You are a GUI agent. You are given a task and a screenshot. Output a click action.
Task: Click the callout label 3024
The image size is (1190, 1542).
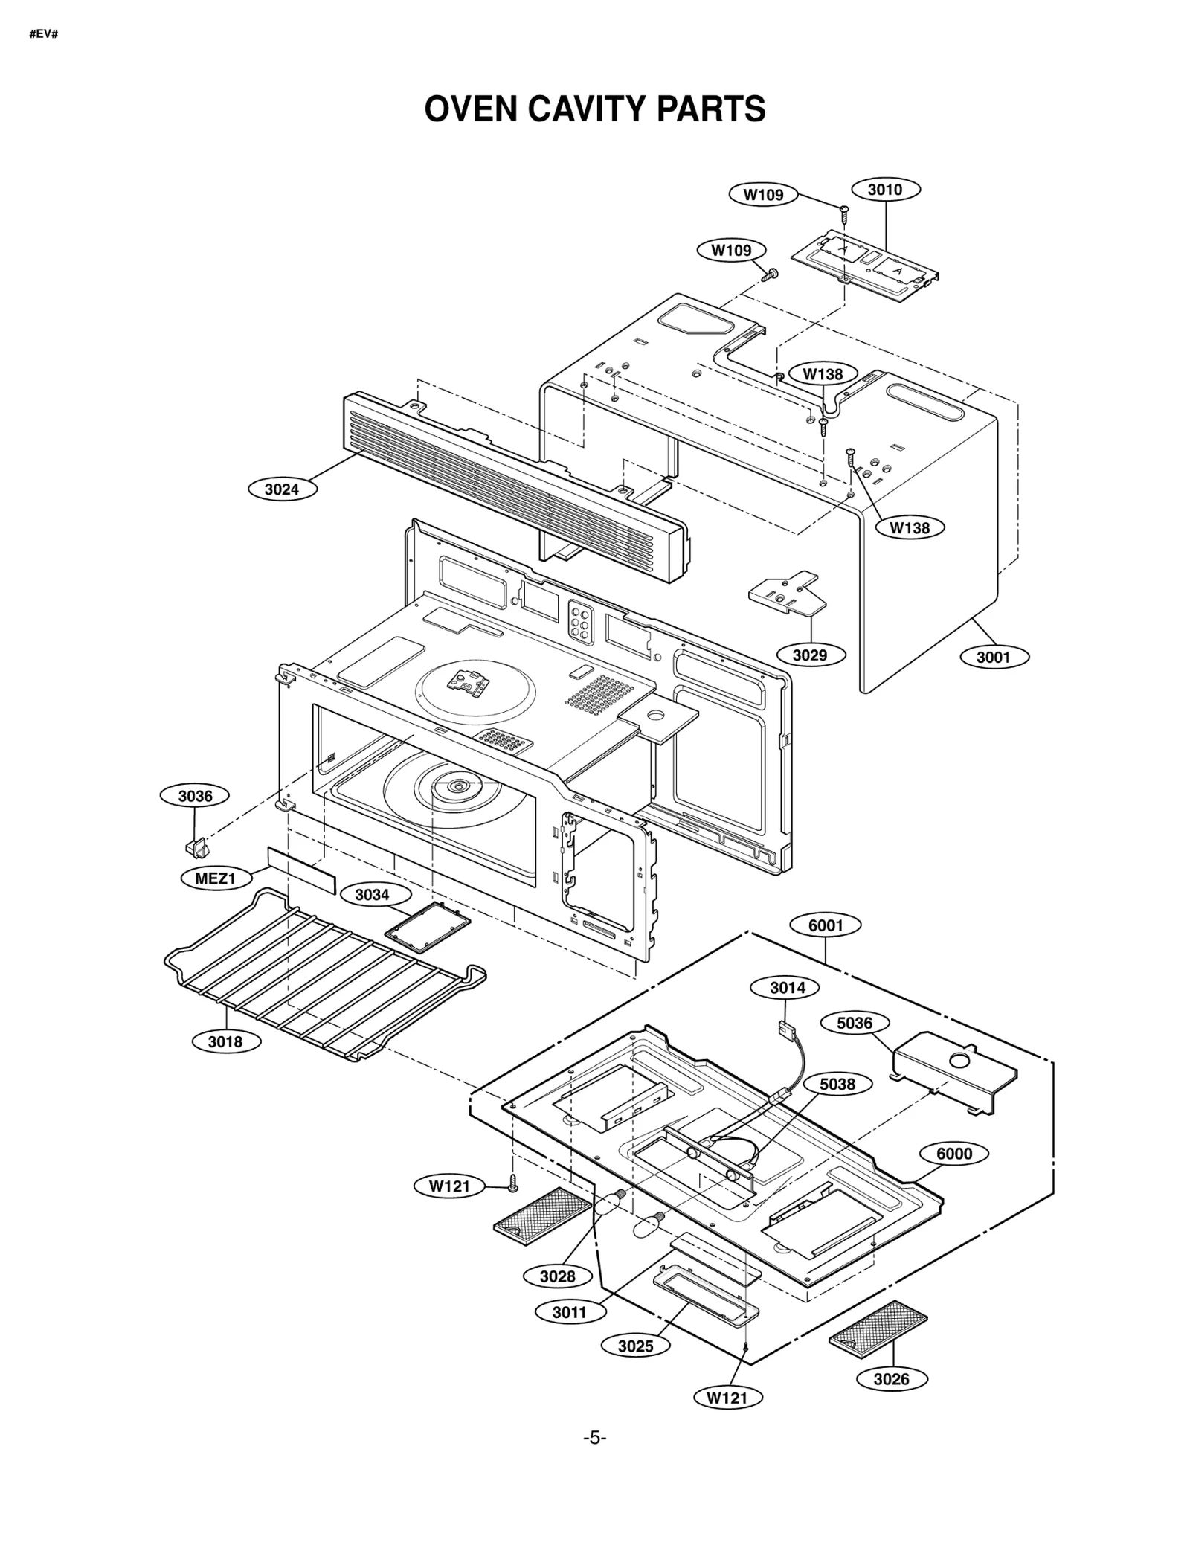(282, 489)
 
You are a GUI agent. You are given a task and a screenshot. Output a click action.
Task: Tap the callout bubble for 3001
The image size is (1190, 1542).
(993, 657)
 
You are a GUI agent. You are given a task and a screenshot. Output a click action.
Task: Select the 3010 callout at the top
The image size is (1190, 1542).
(884, 190)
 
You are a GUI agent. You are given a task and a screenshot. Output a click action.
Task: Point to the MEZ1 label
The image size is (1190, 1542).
(215, 878)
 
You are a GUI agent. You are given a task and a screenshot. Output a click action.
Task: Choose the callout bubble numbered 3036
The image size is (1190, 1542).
(195, 796)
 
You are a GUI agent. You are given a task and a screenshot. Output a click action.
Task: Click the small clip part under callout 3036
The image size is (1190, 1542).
(196, 846)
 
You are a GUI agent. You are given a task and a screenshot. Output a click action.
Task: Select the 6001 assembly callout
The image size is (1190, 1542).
(826, 925)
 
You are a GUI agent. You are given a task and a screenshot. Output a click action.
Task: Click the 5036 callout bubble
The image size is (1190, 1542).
(854, 1023)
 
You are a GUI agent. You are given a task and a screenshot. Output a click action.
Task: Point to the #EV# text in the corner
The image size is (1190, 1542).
(43, 34)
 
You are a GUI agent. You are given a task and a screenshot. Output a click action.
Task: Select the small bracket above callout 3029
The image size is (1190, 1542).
(785, 591)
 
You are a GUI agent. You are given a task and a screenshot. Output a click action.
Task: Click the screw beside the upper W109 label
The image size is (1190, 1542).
(844, 213)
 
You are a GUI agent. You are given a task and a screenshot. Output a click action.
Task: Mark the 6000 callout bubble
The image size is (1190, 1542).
(953, 1154)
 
